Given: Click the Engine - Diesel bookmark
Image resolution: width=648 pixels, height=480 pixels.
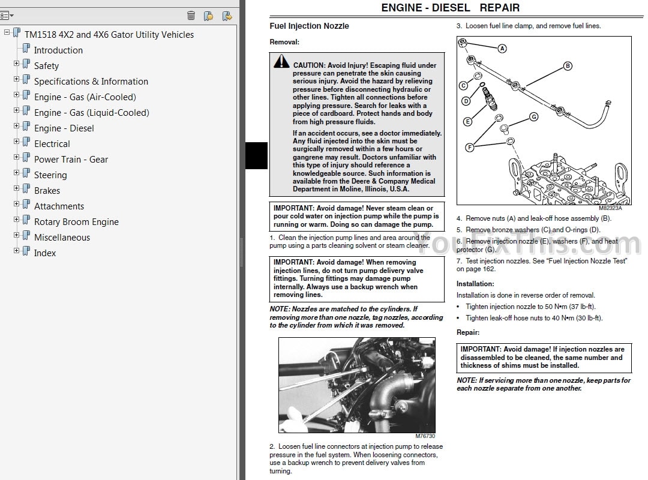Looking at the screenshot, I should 64,128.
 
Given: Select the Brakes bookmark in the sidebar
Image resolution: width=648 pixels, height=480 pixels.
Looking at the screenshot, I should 47,191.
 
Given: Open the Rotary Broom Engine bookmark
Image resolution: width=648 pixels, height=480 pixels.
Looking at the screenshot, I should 76,222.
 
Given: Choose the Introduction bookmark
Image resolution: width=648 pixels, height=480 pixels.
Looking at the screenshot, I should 58,50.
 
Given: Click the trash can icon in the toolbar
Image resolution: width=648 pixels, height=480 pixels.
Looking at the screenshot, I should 191,16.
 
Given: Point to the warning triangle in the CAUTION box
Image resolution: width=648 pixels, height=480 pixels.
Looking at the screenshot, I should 281,62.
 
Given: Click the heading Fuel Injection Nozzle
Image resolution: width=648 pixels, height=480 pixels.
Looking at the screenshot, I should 309,26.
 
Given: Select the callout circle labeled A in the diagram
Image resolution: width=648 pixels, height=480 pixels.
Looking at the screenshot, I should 502,49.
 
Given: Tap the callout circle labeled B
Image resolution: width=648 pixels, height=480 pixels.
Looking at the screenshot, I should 567,66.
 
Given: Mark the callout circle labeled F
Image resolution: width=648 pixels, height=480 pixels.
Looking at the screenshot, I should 469,147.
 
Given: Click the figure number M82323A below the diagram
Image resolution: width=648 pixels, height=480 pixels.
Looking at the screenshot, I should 610,208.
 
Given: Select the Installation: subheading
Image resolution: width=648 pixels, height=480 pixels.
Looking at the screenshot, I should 475,284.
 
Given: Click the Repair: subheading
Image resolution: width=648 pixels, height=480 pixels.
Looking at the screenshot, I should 468,332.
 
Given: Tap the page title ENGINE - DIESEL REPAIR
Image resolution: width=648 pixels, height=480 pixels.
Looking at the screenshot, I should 450,8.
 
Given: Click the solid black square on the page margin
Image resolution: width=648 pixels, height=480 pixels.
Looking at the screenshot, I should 257,156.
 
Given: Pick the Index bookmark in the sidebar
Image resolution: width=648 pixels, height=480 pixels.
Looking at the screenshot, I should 45,253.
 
